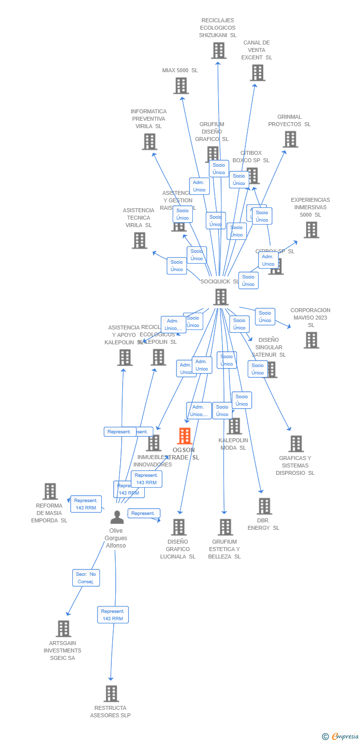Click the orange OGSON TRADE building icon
coord(184,436)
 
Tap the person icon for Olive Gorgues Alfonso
coord(117,517)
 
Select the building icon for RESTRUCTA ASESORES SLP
coord(112,694)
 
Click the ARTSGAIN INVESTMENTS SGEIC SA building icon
coord(63,629)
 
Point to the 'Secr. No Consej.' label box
coord(86,578)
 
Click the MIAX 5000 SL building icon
coord(181,86)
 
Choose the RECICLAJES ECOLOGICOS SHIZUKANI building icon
coord(219,50)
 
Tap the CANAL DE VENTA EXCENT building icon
coord(257,73)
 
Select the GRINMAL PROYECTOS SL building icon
coord(290,139)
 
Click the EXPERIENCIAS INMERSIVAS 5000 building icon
coord(311,230)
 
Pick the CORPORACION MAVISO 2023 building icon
coord(311,340)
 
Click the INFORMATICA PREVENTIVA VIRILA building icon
coord(149,141)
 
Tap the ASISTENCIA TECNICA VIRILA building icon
coord(140,240)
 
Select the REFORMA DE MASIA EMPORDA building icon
coord(50,491)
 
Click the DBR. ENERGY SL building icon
coord(265,506)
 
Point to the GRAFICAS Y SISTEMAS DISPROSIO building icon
coord(296,444)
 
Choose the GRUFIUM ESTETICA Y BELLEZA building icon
coord(225,527)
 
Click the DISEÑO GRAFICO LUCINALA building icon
coord(179,527)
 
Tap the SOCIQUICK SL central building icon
coord(221,297)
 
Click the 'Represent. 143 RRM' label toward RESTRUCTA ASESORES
coord(113,615)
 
